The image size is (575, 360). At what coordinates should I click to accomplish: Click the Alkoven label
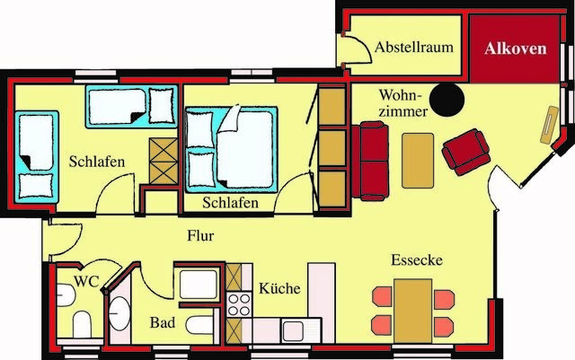[515, 49]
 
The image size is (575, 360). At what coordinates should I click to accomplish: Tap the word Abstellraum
[413, 47]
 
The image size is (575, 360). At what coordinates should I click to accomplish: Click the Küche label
[279, 289]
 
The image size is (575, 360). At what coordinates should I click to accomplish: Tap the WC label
[86, 281]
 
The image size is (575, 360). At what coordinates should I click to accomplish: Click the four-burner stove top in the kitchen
[238, 303]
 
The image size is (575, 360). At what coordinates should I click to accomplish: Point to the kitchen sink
[296, 329]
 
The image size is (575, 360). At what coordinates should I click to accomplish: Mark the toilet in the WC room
[80, 324]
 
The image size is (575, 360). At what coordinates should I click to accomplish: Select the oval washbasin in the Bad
[119, 312]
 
